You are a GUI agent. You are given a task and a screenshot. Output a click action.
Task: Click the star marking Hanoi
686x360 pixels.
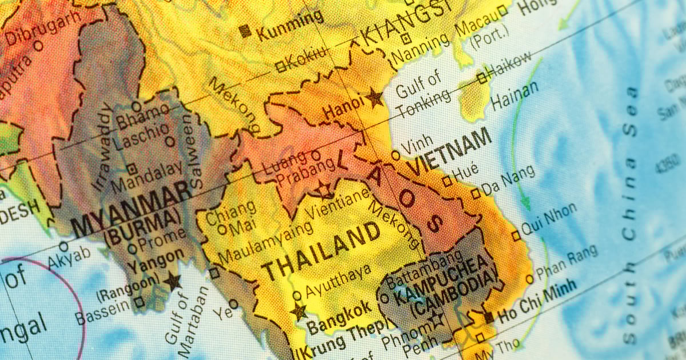374,98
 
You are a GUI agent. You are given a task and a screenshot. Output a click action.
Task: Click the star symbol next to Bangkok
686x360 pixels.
298,312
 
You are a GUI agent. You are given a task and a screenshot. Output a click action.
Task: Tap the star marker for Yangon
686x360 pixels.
172,281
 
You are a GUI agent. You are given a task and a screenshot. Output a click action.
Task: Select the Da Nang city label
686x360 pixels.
508,179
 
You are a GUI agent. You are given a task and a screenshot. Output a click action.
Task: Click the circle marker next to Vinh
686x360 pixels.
396,155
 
